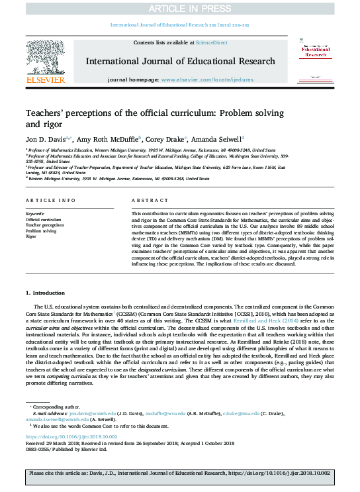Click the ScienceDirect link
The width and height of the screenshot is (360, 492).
tap(212, 42)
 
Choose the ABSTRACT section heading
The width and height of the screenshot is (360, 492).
tap(146, 199)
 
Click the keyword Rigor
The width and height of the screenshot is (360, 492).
tap(31, 236)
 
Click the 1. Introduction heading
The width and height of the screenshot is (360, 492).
tap(46, 292)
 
